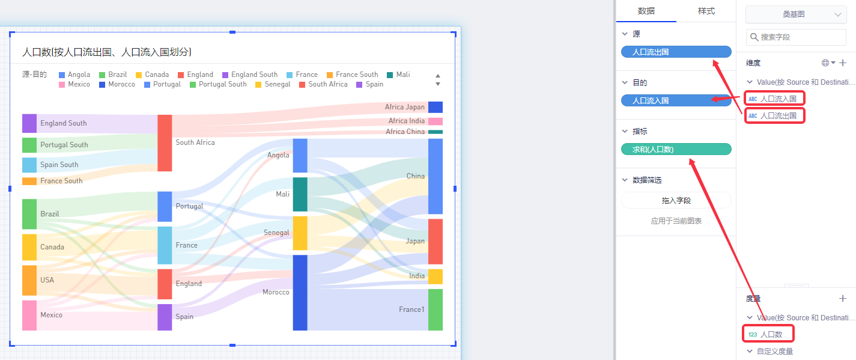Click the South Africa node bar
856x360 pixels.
pyautogui.click(x=165, y=143)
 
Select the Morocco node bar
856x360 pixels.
pyautogui.click(x=300, y=293)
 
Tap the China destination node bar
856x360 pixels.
pyautogui.click(x=436, y=176)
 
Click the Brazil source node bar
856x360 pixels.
pyautogui.click(x=29, y=214)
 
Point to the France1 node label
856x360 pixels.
pyautogui.click(x=411, y=310)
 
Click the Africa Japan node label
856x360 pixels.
pyautogui.click(x=404, y=107)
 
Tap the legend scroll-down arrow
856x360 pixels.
pyautogui.click(x=438, y=84)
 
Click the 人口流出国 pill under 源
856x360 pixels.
pyautogui.click(x=676, y=52)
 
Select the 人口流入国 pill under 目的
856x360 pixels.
pyautogui.click(x=676, y=100)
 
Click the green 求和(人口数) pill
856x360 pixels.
pyautogui.click(x=676, y=149)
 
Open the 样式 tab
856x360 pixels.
pyautogui.click(x=706, y=11)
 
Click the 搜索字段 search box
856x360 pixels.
pyautogui.click(x=795, y=37)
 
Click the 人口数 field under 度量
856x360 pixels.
pyautogui.click(x=771, y=334)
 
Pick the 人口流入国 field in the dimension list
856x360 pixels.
pyautogui.click(x=778, y=99)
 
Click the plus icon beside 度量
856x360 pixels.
pyautogui.click(x=843, y=298)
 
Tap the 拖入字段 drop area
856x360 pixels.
pyautogui.click(x=676, y=201)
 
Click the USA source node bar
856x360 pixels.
pyautogui.click(x=29, y=280)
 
